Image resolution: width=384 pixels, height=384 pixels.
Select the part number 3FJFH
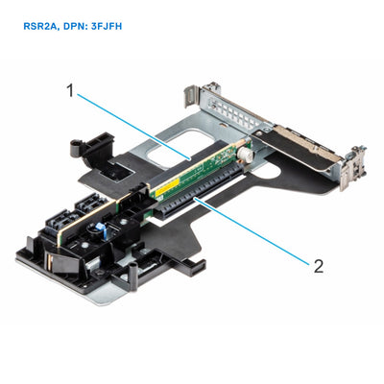(114, 27)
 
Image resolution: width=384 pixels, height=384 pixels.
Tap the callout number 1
(71, 90)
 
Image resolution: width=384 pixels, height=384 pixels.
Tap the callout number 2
(318, 266)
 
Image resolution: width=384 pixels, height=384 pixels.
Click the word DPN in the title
(80, 27)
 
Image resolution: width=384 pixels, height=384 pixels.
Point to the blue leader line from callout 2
(259, 235)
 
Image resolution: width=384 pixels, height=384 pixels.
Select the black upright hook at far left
(78, 148)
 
